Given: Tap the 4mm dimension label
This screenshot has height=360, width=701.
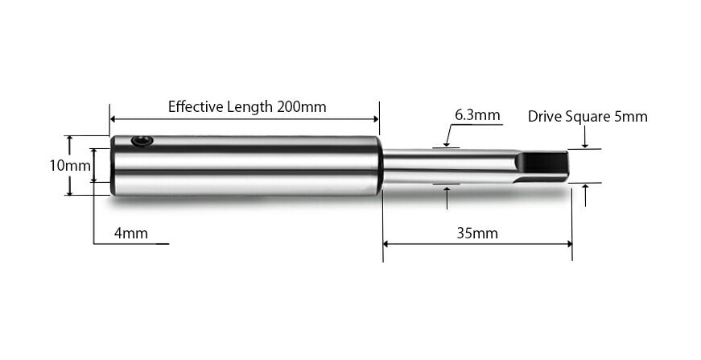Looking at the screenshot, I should [x=130, y=234].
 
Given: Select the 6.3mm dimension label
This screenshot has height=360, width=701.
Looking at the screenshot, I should [x=477, y=115].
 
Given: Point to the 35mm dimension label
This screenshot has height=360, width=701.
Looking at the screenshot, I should [x=476, y=234].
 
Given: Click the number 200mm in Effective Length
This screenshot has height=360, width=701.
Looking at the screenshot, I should [x=302, y=106].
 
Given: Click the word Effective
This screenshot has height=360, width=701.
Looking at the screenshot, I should [x=196, y=106].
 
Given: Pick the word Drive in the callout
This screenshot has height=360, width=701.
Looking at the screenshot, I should [x=544, y=116].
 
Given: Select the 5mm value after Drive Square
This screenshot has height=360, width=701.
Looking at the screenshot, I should [x=630, y=116].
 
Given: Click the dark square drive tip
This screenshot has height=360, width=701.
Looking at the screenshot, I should [x=545, y=165].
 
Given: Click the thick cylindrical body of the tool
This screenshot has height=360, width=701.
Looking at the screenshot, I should [x=245, y=165].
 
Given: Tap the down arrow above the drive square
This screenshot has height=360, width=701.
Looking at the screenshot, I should [x=585, y=146].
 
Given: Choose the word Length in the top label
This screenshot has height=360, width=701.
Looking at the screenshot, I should [x=251, y=106].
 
